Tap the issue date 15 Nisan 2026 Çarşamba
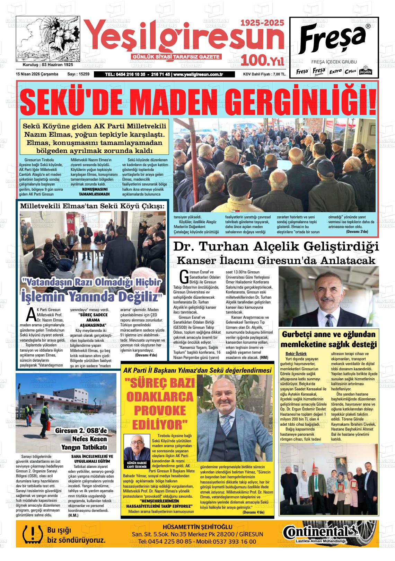click(x=37, y=74)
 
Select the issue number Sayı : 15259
click(x=78, y=74)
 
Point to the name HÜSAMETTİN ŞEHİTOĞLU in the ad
click(x=197, y=527)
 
